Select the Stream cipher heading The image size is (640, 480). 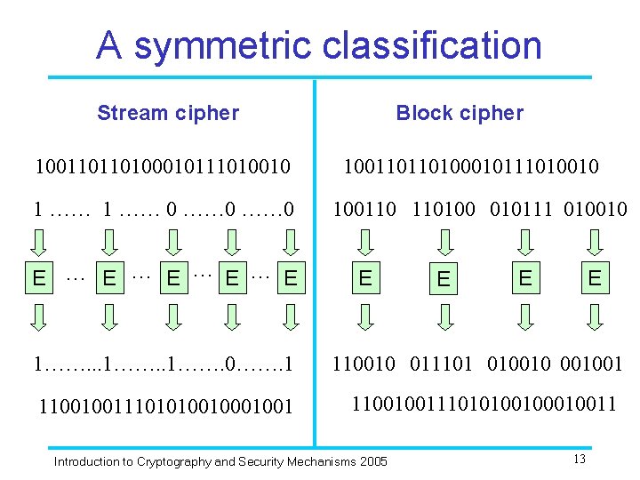tap(168, 113)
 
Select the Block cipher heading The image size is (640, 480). tap(460, 113)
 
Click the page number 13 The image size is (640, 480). tap(580, 459)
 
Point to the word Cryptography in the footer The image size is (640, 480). tap(172, 461)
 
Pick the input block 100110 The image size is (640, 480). tap(365, 210)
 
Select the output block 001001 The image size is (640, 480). tap(596, 363)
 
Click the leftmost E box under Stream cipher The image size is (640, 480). tap(39, 278)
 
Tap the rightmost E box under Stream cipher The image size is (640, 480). tap(289, 278)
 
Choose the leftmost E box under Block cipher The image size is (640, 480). tap(365, 278)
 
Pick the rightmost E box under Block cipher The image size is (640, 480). tap(595, 278)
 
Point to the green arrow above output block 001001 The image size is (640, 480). tap(595, 316)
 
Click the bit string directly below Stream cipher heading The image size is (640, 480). tap(163, 166)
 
